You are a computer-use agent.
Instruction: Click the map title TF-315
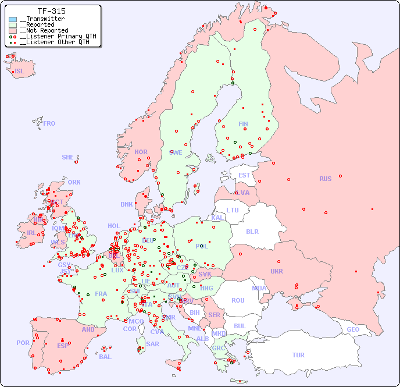pyautogui.click(x=51, y=11)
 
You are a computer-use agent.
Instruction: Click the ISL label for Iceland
pyautogui.click(x=20, y=72)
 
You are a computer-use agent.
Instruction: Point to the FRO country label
pyautogui.click(x=49, y=123)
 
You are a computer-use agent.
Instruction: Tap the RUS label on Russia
pyautogui.click(x=325, y=179)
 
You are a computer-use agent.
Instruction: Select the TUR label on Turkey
pyautogui.click(x=298, y=355)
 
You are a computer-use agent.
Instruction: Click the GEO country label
pyautogui.click(x=353, y=329)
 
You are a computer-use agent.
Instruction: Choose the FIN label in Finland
pyautogui.click(x=243, y=124)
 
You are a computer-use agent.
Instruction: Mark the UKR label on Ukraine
pyautogui.click(x=276, y=271)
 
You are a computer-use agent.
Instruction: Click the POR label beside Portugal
pyautogui.click(x=23, y=343)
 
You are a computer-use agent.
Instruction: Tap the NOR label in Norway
pyautogui.click(x=141, y=152)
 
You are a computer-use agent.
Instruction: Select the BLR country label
pyautogui.click(x=252, y=231)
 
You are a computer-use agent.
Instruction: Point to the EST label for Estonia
pyautogui.click(x=244, y=175)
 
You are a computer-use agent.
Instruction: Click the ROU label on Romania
pyautogui.click(x=238, y=300)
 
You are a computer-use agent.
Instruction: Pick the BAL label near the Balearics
pyautogui.click(x=105, y=357)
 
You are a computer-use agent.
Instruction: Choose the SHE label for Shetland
pyautogui.click(x=68, y=157)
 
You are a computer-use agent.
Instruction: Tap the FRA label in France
pyautogui.click(x=101, y=294)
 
